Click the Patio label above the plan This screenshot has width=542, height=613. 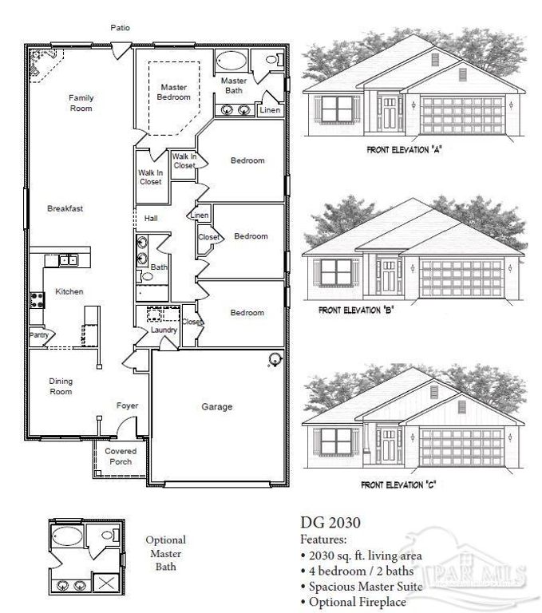pyautogui.click(x=120, y=28)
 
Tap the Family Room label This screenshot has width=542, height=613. pyautogui.click(x=81, y=103)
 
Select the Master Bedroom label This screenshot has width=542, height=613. pyautogui.click(x=175, y=92)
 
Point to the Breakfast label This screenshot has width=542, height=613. pyautogui.click(x=65, y=208)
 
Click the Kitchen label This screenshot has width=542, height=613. pyautogui.click(x=69, y=292)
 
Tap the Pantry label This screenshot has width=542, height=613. pyautogui.click(x=38, y=336)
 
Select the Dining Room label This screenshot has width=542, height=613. pyautogui.click(x=61, y=387)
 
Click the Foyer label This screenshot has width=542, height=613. pyautogui.click(x=127, y=405)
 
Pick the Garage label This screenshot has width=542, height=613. pyautogui.click(x=216, y=407)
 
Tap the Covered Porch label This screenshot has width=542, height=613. pyautogui.click(x=121, y=457)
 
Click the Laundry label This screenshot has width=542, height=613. pyautogui.click(x=164, y=330)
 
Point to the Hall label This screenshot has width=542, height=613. pyautogui.click(x=151, y=218)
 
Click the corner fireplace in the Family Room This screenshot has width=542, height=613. pyautogui.click(x=39, y=64)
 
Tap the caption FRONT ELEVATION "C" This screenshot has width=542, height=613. pyautogui.click(x=401, y=484)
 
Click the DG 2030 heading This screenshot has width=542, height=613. pyautogui.click(x=330, y=524)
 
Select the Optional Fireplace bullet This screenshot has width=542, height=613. pyautogui.click(x=354, y=602)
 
